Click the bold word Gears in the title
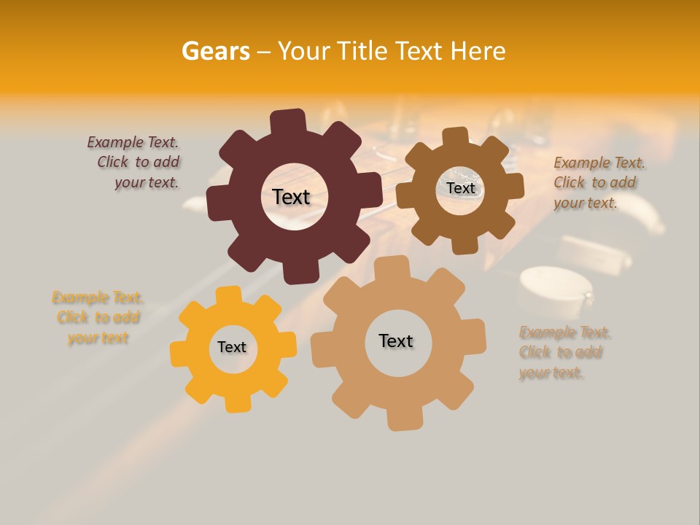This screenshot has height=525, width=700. (x=215, y=51)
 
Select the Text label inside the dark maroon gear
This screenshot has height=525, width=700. (x=291, y=197)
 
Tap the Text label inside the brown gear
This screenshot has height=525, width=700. (x=460, y=188)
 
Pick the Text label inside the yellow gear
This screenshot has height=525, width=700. (x=232, y=347)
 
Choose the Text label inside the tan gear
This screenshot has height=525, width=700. (x=396, y=341)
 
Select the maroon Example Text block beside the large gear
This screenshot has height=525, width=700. (x=135, y=163)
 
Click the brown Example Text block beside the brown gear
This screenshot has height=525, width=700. (x=598, y=183)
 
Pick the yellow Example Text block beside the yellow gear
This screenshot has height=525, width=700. (x=98, y=318)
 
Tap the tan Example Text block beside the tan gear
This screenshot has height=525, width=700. (x=564, y=353)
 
